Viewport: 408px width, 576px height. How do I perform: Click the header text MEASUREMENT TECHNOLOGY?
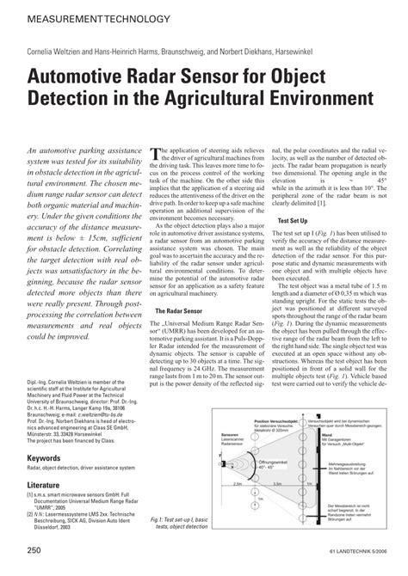coord(75,17)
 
